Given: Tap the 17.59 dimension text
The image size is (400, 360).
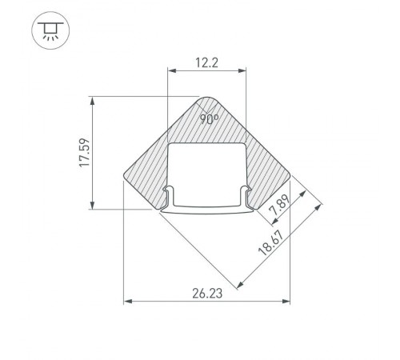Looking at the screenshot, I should (x=83, y=153).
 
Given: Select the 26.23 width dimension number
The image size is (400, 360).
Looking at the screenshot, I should (x=206, y=294).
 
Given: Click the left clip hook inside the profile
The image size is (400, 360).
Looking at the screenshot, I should (x=170, y=194).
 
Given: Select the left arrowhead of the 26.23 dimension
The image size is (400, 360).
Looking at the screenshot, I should (x=126, y=302).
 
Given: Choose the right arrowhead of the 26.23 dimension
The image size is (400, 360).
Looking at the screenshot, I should (x=287, y=302).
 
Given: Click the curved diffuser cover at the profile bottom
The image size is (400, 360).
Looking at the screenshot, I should (x=207, y=212).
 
